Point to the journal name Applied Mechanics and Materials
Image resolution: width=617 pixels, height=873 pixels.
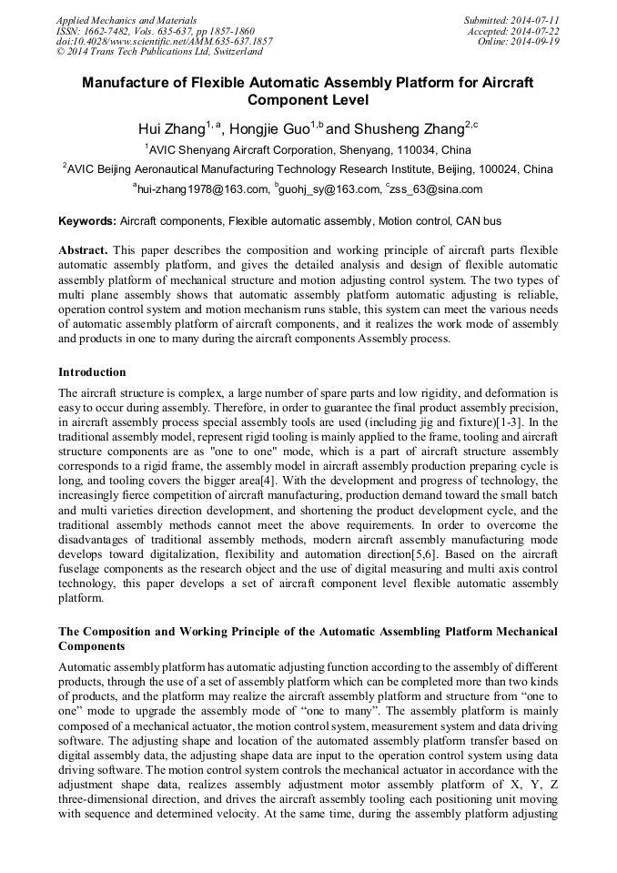126,19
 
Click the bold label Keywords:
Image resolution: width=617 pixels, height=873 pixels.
87,221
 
